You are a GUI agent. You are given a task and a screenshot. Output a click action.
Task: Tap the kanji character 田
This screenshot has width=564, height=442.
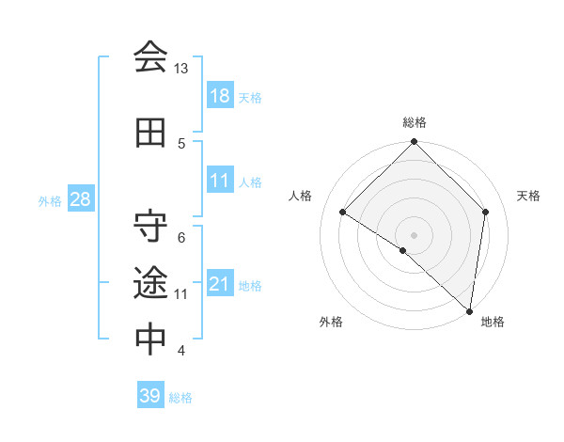tap(150, 134)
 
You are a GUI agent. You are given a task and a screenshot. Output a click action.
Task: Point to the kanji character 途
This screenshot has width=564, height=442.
tap(150, 281)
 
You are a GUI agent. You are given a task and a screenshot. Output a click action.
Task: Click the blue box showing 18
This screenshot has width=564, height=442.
tap(220, 96)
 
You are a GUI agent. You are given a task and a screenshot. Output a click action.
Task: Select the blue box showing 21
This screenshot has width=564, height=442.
tap(220, 284)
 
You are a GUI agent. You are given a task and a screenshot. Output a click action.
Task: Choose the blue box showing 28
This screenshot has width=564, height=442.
tap(80, 199)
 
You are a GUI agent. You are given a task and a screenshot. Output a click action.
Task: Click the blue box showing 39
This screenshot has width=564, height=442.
tap(150, 396)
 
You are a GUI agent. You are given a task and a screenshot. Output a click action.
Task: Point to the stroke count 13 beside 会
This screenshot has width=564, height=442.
tap(180, 69)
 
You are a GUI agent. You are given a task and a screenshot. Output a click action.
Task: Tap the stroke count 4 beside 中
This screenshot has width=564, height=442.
tap(181, 351)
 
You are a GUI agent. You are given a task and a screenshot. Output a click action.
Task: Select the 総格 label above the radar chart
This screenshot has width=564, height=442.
tap(414, 122)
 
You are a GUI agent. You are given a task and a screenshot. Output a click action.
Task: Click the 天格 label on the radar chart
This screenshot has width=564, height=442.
tap(529, 196)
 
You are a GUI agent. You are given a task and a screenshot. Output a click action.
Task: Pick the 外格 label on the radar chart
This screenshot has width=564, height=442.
tap(331, 322)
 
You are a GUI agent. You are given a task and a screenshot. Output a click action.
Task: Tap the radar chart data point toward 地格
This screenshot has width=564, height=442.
tap(470, 311)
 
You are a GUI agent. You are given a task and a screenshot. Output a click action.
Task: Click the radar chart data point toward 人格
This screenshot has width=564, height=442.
tap(343, 213)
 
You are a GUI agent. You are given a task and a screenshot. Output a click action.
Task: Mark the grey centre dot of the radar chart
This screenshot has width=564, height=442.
tap(414, 234)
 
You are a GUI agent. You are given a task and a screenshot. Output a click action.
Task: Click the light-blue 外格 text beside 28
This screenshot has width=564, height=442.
tap(49, 200)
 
